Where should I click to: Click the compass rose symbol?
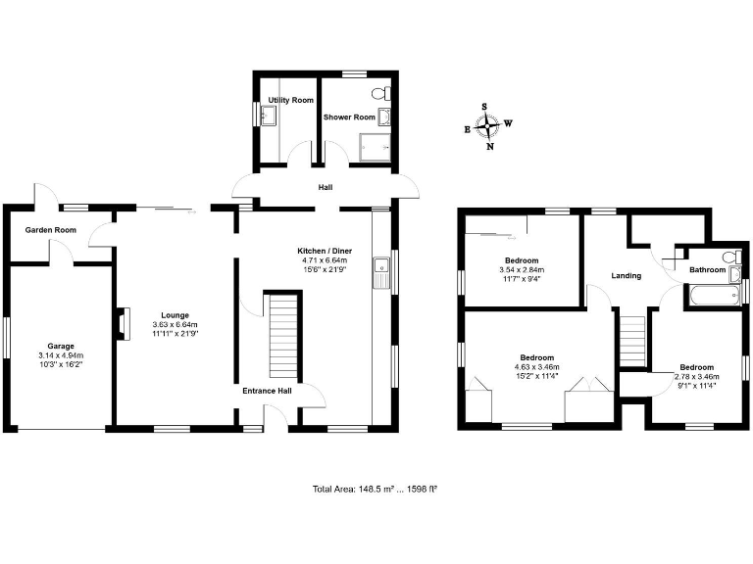[487, 125]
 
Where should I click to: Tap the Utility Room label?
[290, 101]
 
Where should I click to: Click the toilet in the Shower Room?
[383, 94]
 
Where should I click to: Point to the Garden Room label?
[51, 230]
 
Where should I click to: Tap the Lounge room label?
[175, 315]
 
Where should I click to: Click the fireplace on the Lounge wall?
[122, 324]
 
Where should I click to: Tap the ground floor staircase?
[282, 333]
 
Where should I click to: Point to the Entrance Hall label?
[267, 391]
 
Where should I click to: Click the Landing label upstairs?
[626, 276]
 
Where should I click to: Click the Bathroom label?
[707, 269]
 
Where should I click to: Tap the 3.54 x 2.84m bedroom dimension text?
[522, 269]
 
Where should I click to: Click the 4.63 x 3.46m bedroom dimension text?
[536, 366]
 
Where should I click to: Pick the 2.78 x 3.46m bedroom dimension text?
[697, 376]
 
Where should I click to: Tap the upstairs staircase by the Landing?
[633, 339]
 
